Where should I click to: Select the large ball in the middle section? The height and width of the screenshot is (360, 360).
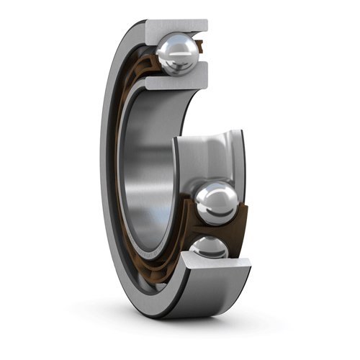point(217,204)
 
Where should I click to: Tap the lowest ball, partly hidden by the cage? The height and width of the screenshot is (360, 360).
point(210,248)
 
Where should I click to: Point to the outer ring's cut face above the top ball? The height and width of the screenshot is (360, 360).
point(176,27)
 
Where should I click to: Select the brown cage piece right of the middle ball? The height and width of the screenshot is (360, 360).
point(241,216)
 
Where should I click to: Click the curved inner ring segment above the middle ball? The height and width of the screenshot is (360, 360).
point(208,155)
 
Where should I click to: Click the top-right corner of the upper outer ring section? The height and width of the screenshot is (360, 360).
point(207,22)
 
